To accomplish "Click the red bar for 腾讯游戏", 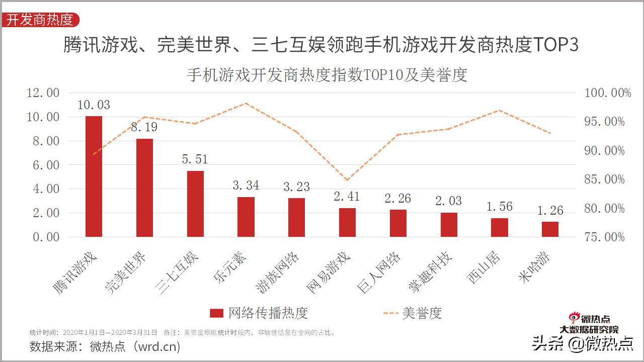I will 94,176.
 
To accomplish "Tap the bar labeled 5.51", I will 195,204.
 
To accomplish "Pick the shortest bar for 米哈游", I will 550,229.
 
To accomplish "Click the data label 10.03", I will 94,105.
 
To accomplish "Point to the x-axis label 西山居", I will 484,266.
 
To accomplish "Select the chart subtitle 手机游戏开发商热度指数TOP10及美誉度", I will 327,75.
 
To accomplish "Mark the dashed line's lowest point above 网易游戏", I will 347,180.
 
